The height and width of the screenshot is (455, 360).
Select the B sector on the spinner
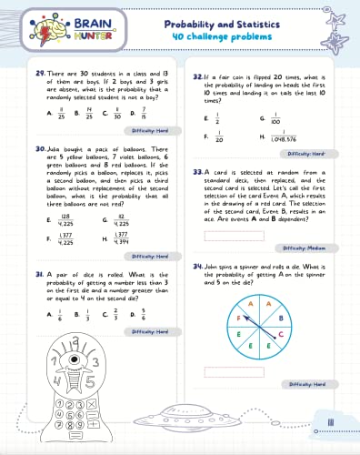point(281,318)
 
